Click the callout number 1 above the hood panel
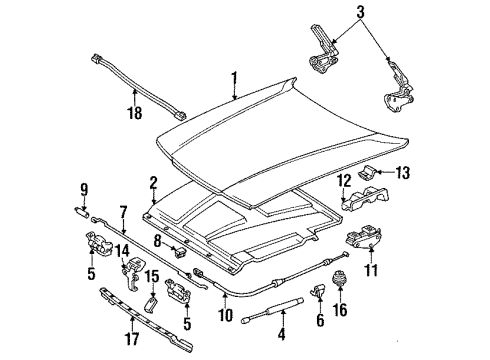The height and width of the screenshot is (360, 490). pos(235,76)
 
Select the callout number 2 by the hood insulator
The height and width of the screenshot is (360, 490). pos(153,181)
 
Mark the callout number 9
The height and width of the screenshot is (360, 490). pos(83,186)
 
